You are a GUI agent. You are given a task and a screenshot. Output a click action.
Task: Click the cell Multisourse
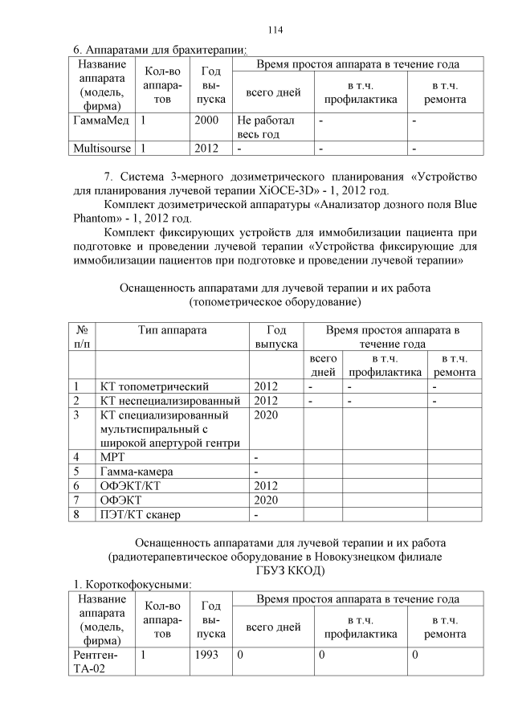pos(102,149)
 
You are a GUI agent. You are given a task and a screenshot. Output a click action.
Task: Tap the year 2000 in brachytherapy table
pos(206,120)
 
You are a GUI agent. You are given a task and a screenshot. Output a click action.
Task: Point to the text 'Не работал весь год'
pos(266,127)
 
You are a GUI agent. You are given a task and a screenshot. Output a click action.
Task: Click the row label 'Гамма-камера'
pos(137,471)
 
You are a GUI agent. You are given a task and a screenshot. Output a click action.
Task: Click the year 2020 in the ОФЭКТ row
pos(266,499)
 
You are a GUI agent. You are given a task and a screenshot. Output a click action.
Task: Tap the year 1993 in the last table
pos(206,656)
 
